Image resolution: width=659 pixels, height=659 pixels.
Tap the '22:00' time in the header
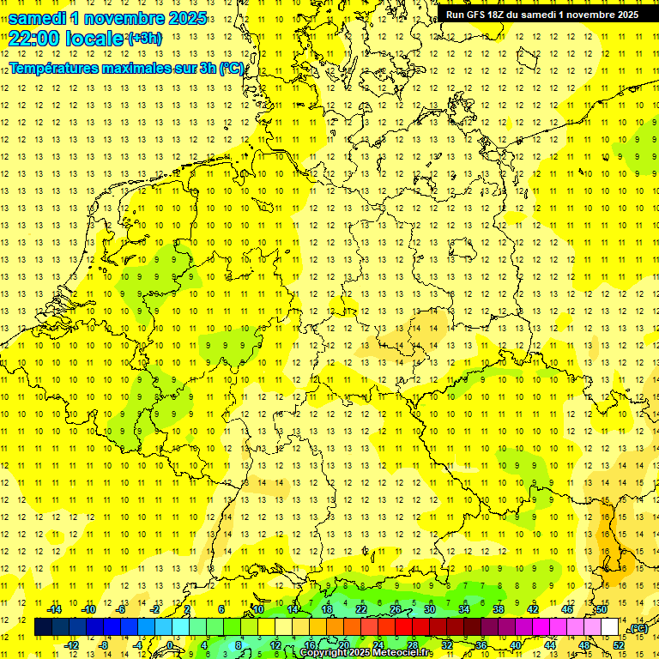34,39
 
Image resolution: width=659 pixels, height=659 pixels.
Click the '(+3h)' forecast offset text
143,39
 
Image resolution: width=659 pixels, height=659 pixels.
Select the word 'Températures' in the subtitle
55,68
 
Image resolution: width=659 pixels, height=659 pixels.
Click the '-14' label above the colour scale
55,609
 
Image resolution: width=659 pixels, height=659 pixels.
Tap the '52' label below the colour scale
618,645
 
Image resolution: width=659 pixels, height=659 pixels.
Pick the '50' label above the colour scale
601,609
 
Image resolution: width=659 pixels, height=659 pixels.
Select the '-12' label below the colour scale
72,645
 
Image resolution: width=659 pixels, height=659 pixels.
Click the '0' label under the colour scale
170,645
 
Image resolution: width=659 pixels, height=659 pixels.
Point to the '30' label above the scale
430,609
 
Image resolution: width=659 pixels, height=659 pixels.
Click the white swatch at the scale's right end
609,627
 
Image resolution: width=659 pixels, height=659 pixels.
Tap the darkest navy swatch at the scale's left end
43,627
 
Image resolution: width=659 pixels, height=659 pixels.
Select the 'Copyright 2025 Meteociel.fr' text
366,653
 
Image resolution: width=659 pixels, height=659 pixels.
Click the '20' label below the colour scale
344,645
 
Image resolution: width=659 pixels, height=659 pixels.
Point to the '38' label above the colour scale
498,609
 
